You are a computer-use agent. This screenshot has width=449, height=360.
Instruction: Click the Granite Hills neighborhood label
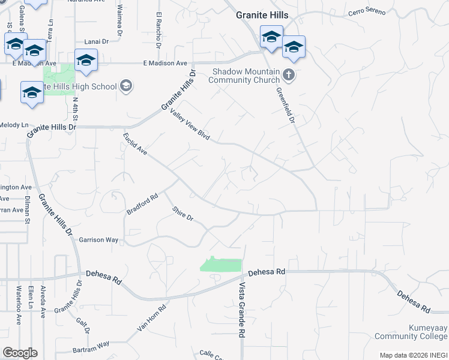tap(262, 15)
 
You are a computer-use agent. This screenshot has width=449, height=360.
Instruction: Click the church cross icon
tap(289, 75)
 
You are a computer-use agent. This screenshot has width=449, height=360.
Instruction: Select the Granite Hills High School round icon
tap(126, 86)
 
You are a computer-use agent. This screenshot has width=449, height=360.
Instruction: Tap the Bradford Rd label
tap(142, 204)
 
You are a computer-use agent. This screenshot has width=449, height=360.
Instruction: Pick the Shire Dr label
tap(182, 214)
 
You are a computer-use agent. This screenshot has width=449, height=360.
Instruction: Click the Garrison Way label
tap(98, 239)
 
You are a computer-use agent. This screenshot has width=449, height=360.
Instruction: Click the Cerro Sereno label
tap(367, 12)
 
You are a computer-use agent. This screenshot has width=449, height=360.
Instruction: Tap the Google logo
tap(20, 353)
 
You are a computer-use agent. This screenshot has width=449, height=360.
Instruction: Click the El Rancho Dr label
tap(159, 29)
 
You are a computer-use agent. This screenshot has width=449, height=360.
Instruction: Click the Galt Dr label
tap(83, 326)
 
